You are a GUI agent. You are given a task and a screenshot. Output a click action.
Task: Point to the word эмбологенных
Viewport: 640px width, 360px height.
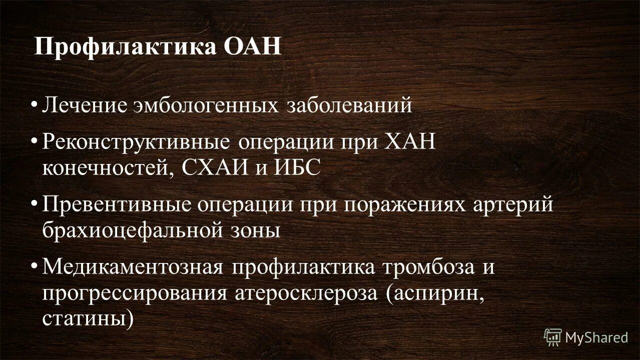pos(209,106)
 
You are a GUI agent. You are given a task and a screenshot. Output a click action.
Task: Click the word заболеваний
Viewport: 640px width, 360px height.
pos(349,106)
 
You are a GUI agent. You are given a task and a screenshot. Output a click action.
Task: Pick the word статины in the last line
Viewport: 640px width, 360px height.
pos(89,316)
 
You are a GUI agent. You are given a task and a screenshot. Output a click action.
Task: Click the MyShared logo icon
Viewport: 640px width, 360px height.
pos(553,337)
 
